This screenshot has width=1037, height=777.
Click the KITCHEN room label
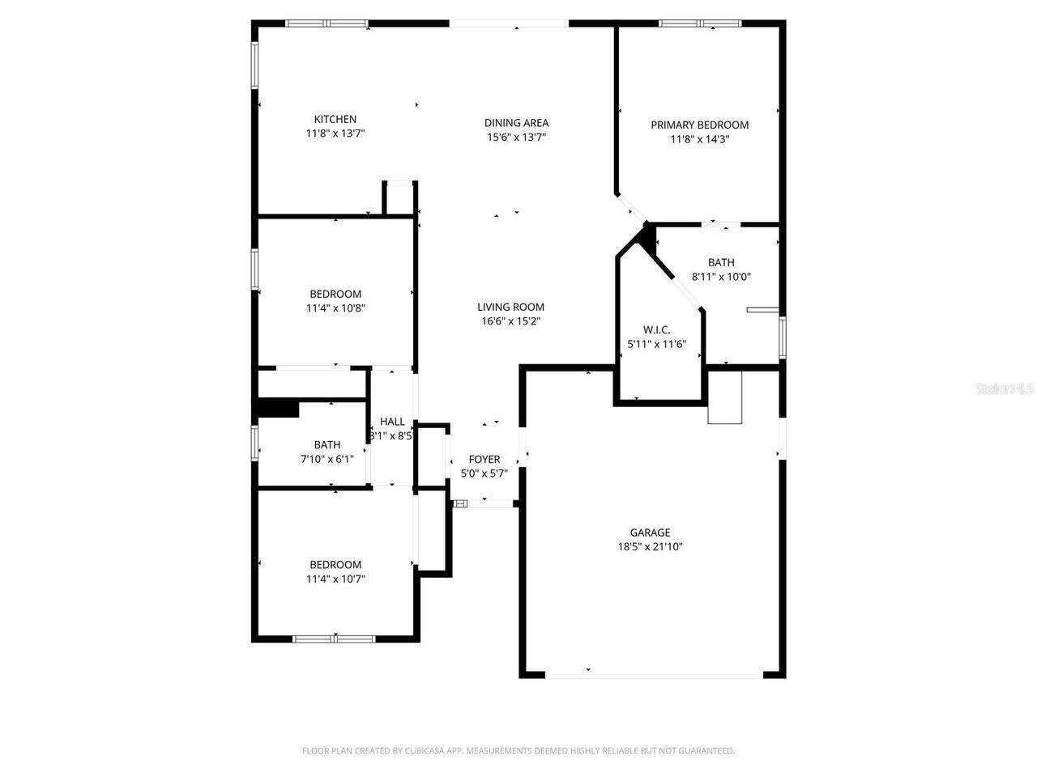click(335, 120)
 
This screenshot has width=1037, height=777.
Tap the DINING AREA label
click(516, 123)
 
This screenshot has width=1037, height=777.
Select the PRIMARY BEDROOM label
click(699, 125)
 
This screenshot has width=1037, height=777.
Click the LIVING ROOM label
click(510, 307)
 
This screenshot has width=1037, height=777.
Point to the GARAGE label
click(650, 533)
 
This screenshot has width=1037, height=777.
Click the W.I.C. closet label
click(656, 329)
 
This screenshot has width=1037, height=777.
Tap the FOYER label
click(484, 460)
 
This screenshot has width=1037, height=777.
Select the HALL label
click(392, 422)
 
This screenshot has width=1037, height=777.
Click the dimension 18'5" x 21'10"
click(650, 546)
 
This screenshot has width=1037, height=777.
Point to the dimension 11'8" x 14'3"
click(699, 139)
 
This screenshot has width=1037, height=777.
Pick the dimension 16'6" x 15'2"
click(510, 321)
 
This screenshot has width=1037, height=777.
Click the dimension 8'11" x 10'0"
click(721, 276)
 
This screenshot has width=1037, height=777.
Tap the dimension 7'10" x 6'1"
click(326, 459)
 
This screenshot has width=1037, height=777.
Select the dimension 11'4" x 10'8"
click(335, 308)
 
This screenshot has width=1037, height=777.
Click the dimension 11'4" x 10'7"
click(335, 579)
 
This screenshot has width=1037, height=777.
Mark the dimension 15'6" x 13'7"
click(516, 137)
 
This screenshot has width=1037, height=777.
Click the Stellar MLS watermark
click(1005, 389)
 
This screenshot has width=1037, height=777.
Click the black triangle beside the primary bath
click(646, 237)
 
